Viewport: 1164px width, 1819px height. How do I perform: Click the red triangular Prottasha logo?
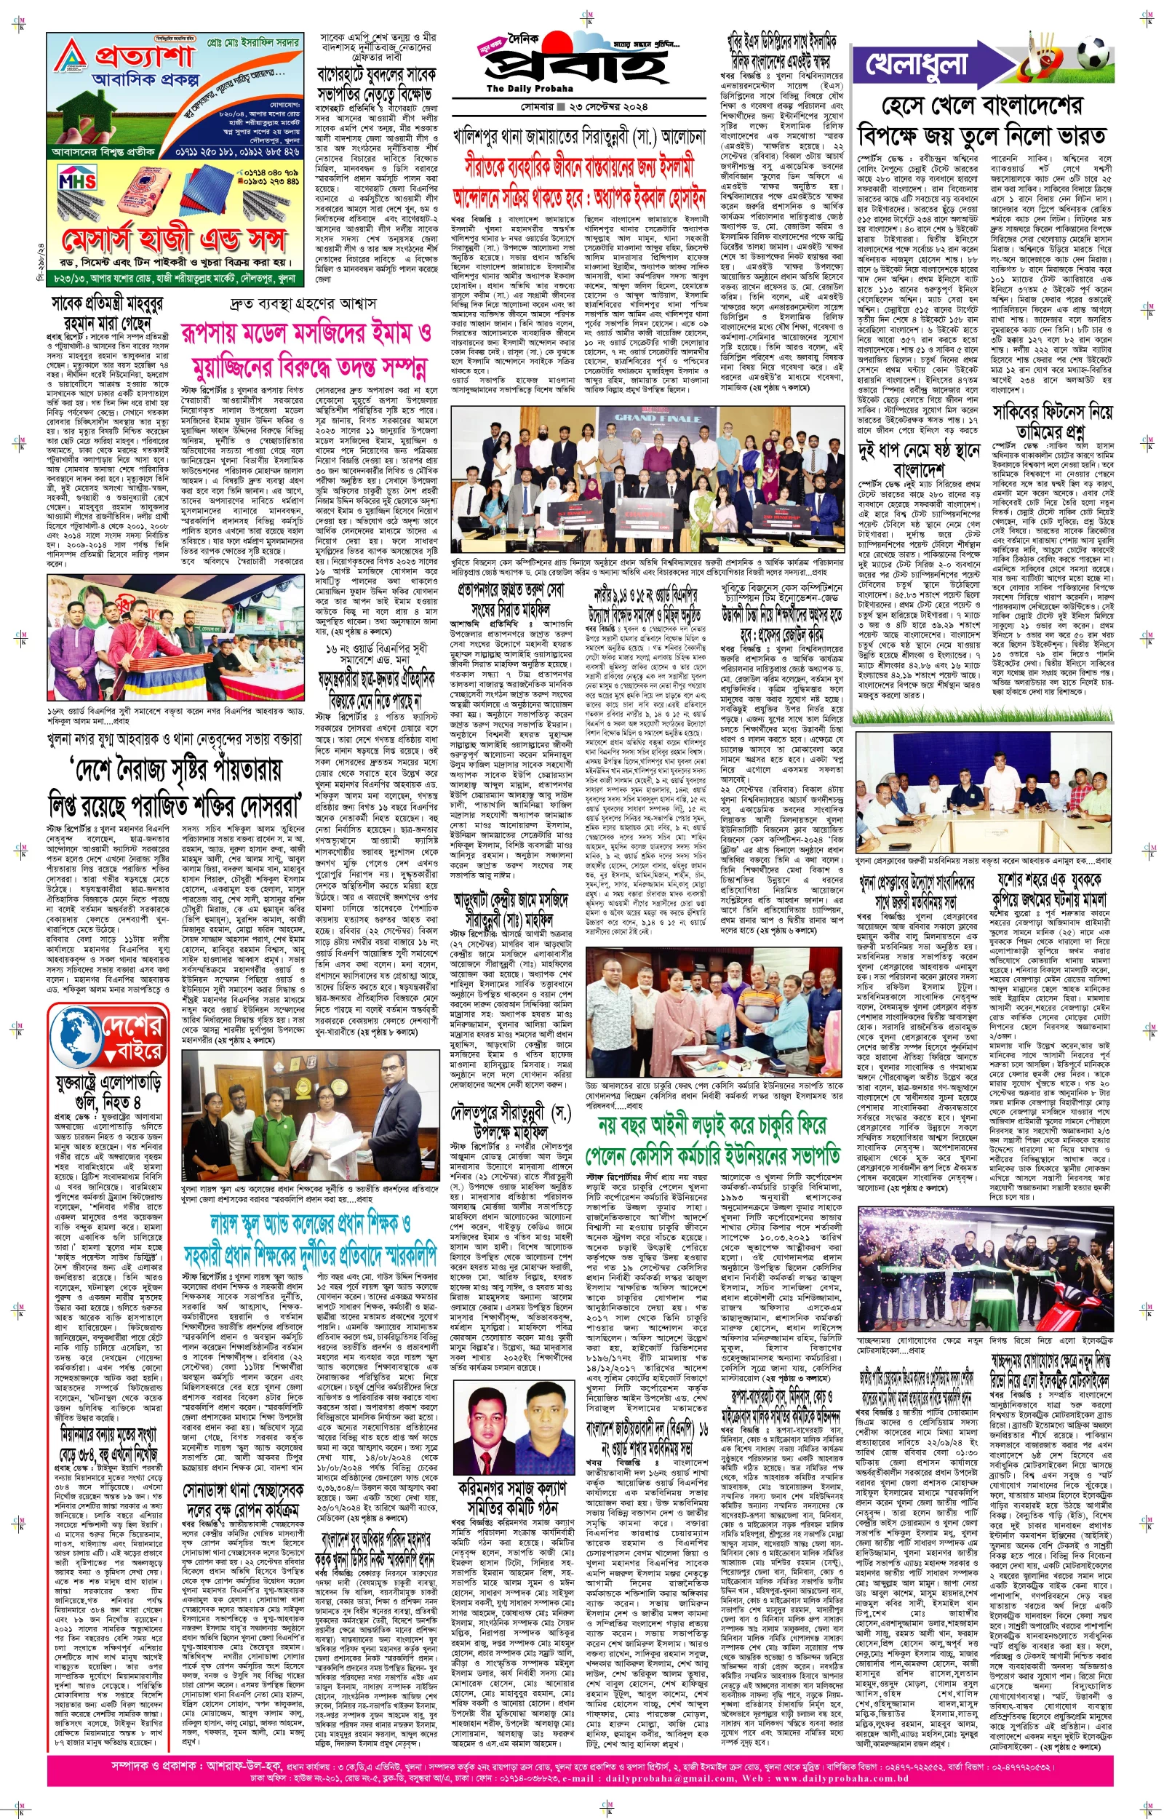(71, 57)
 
